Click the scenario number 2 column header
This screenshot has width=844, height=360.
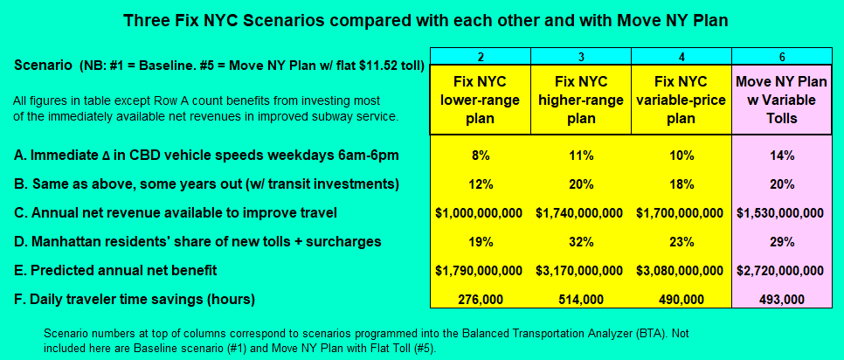[481, 57]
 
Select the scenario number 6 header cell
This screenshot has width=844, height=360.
[782, 57]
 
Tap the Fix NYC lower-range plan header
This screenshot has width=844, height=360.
[480, 100]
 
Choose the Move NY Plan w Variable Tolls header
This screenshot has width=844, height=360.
[782, 100]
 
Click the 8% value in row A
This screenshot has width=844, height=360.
[480, 156]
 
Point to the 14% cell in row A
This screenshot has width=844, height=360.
[782, 156]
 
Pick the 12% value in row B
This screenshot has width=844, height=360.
[480, 184]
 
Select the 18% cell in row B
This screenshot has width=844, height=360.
[681, 184]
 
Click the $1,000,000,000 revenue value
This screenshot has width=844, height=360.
[479, 213]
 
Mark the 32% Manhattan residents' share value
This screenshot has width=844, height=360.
[581, 242]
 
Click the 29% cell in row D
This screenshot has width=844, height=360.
[782, 242]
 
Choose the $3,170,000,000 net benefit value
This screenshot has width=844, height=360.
[580, 270]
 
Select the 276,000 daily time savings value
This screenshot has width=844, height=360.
[480, 299]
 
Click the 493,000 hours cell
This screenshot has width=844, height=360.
[782, 299]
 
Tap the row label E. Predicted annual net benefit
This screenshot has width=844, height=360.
[115, 270]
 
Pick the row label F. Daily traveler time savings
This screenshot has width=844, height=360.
[135, 299]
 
